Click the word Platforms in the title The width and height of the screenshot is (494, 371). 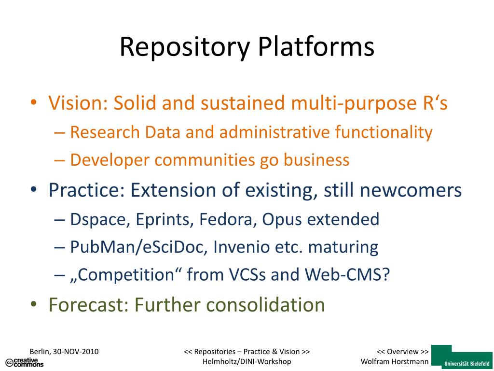[316, 47]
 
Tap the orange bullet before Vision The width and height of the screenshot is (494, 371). [33, 103]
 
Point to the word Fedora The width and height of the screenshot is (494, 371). [226, 220]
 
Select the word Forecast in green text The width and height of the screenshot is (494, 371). [89, 305]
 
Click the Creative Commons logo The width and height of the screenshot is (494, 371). [24, 362]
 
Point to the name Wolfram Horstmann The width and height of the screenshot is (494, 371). [395, 362]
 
